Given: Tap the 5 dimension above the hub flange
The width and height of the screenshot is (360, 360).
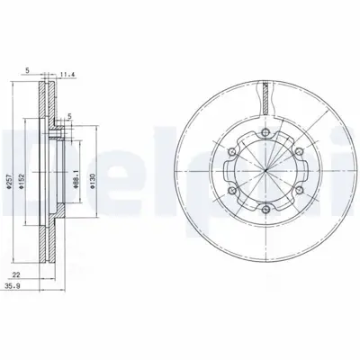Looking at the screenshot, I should coord(69,116).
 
